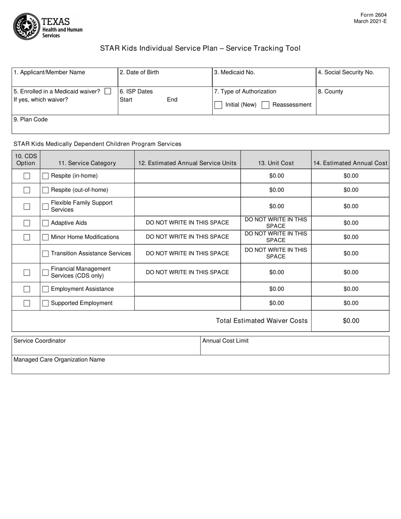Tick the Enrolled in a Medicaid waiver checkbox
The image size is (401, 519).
tap(108, 91)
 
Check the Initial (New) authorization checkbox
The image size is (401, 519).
tap(218, 105)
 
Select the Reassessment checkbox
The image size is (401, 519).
tap(266, 105)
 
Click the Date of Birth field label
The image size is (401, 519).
tap(139, 72)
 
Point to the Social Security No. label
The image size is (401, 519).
tap(346, 72)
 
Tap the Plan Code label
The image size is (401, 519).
tap(30, 119)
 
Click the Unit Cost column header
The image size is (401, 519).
tap(276, 163)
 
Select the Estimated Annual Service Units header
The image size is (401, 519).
tap(187, 163)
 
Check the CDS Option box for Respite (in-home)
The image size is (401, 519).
tap(27, 176)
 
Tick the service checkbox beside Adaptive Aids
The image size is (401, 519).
tap(46, 223)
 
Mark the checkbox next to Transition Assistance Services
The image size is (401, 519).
tap(46, 254)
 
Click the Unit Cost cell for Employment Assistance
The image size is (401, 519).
tap(276, 289)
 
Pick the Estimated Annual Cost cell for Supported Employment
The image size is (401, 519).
tap(350, 303)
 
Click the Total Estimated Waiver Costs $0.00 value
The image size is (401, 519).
tap(350, 321)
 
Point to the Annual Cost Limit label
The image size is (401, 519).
tap(225, 341)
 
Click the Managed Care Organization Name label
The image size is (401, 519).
tap(59, 360)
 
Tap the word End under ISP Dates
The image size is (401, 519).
tap(172, 100)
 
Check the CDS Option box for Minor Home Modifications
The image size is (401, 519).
tap(27, 237)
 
